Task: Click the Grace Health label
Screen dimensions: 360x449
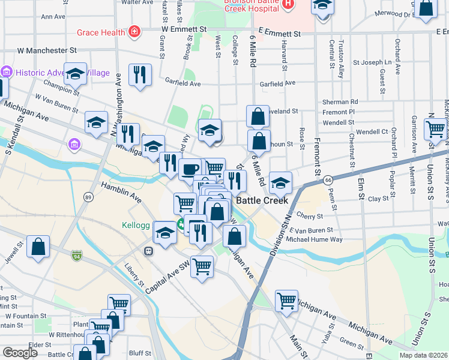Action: coord(101,32)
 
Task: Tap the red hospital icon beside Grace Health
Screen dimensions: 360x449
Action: coord(135,32)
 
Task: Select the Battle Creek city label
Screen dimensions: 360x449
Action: coord(262,200)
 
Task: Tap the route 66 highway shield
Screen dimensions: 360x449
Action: coord(328,179)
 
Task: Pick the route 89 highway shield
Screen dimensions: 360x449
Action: coord(89,197)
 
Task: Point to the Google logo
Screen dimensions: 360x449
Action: coord(20,353)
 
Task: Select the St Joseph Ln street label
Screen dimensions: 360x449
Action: coord(372,62)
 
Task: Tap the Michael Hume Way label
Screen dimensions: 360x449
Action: coord(314,239)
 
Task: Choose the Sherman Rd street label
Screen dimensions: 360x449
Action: coord(340,102)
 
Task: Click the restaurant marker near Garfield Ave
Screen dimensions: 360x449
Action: coord(140,75)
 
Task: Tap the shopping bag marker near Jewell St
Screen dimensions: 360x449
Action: coord(38,247)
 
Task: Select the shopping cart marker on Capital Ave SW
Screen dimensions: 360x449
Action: coord(202,265)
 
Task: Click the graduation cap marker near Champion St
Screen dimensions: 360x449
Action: coord(75,74)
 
